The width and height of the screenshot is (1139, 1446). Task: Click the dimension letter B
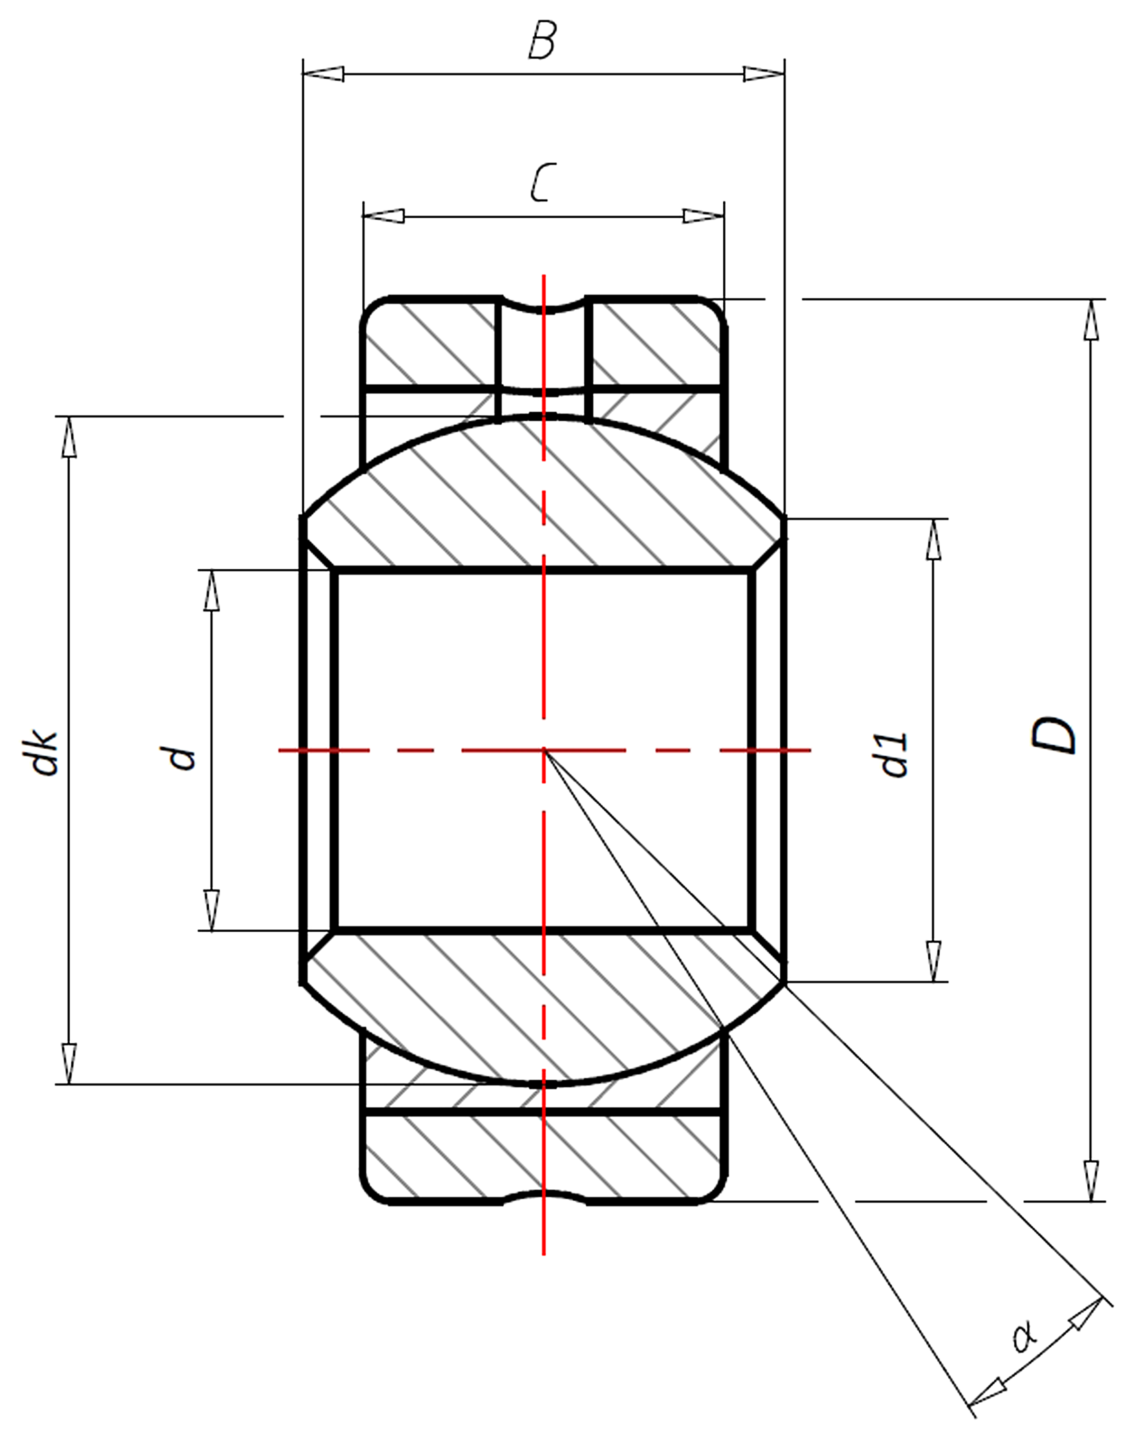point(541,41)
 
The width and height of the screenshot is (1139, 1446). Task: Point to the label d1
point(894,755)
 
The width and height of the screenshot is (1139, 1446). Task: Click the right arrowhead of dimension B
point(764,74)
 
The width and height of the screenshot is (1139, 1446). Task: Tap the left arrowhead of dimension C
point(384,216)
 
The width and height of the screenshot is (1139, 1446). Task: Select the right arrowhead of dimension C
point(703,216)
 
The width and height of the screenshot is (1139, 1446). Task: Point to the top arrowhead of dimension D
point(1091,321)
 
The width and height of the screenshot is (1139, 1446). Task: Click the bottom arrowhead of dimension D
point(1091,1181)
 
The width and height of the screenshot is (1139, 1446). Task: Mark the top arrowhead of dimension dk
point(69,437)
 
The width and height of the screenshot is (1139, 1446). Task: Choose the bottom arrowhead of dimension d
point(211,909)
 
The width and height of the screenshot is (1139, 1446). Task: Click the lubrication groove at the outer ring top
point(543,306)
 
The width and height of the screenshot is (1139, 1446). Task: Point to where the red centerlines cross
point(544,751)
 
